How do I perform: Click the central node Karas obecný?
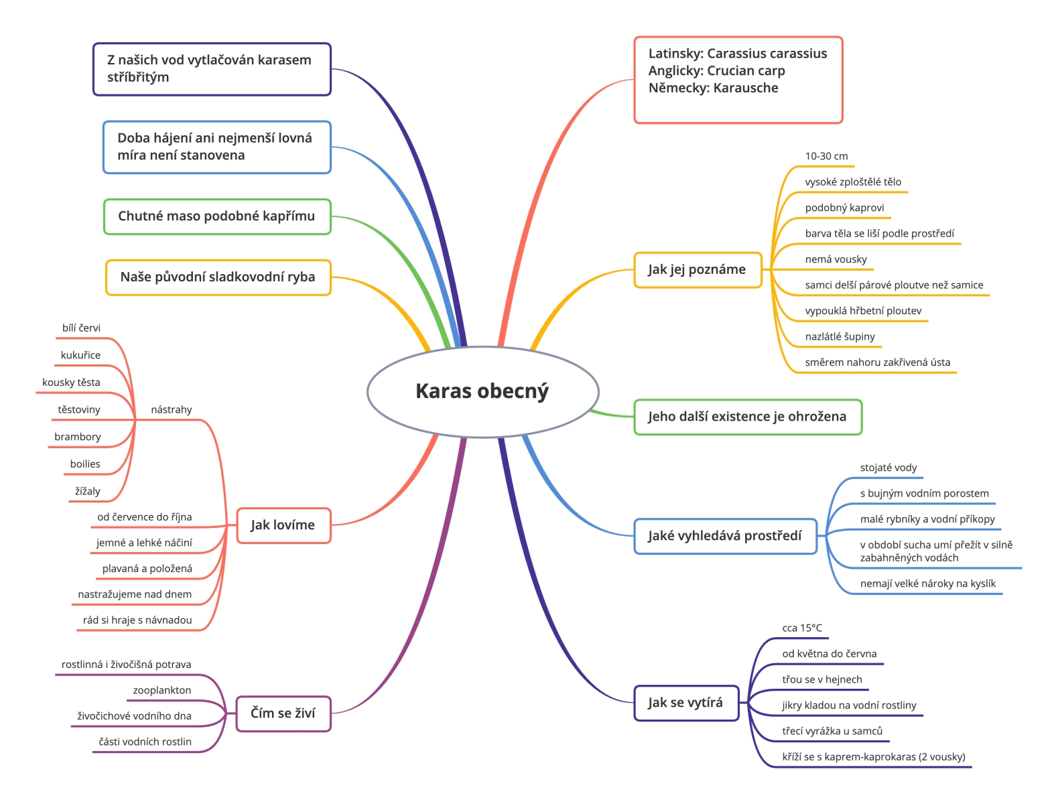tap(482, 391)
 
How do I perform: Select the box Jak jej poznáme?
tap(697, 269)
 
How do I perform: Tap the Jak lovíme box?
tap(283, 525)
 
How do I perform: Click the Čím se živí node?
tap(283, 714)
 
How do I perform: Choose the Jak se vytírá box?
tap(686, 703)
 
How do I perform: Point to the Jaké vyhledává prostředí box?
tap(725, 536)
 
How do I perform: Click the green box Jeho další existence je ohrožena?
tap(748, 417)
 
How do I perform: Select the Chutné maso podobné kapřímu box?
tap(217, 216)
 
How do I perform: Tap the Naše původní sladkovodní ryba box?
tap(218, 277)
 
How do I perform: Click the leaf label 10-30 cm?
tap(826, 156)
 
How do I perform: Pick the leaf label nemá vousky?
tap(836, 259)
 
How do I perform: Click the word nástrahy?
tap(171, 410)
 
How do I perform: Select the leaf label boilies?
tap(85, 464)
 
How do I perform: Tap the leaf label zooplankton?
tap(162, 690)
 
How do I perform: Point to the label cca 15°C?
tap(802, 628)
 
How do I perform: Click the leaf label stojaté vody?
tap(888, 468)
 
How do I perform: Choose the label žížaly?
tap(87, 491)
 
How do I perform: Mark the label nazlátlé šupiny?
tap(840, 336)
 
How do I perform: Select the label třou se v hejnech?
tap(822, 679)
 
